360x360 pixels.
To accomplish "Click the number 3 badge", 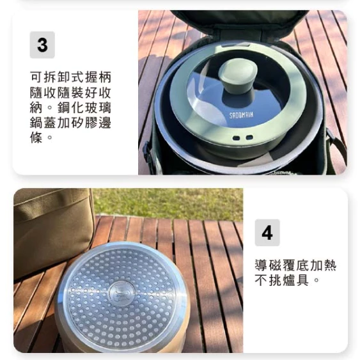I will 42,45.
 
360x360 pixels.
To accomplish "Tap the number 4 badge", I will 267,233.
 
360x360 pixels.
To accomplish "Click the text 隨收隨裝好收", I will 70,92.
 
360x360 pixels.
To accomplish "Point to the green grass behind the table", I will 173,203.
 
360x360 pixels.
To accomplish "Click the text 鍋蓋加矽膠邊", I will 70,123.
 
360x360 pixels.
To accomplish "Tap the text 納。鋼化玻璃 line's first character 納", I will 36,107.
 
